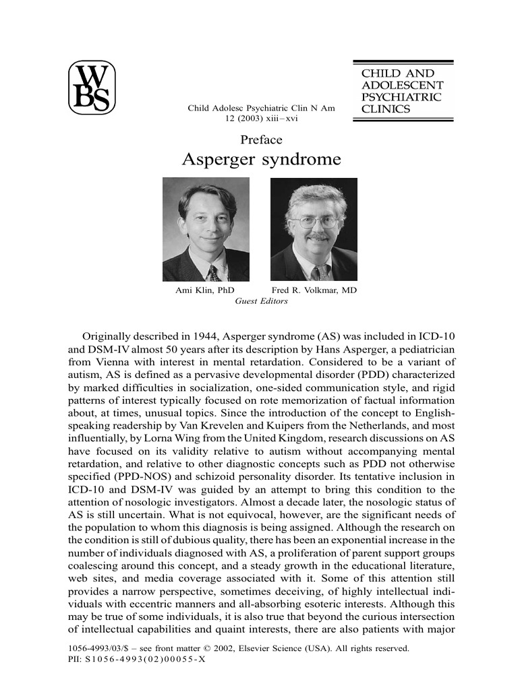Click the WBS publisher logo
click(92, 88)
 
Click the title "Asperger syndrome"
click(262, 160)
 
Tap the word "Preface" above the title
click(261, 140)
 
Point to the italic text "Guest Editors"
click(261, 301)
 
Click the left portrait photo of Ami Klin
click(206, 229)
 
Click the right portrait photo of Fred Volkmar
click(314, 229)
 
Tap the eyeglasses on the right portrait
click(312, 221)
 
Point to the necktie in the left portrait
click(214, 272)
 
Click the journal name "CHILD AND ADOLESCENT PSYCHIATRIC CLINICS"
click(403, 91)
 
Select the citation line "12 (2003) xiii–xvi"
click(261, 119)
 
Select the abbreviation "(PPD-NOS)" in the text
click(138, 476)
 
